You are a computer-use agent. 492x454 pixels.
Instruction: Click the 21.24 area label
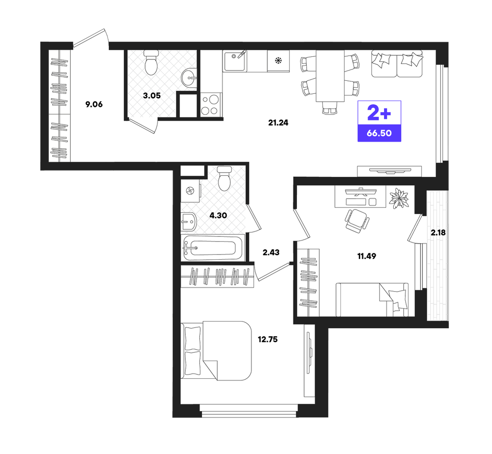pos(278,122)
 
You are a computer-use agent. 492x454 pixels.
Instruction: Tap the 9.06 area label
pos(94,104)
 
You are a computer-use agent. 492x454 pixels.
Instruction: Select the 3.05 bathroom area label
pos(152,96)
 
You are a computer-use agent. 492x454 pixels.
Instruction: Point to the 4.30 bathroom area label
pos(218,215)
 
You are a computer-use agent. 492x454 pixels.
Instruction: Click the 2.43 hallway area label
pos(271,252)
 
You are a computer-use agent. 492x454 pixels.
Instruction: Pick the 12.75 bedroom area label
pos(268,339)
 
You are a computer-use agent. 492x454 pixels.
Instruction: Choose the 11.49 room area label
pos(366,256)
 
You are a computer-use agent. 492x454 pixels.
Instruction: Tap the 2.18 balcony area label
pos(438,233)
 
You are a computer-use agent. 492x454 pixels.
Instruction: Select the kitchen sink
pos(235,61)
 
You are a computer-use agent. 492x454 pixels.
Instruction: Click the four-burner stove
pos(210,105)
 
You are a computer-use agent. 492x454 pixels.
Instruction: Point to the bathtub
pos(213,248)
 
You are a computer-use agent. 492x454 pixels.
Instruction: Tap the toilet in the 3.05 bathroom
pos(151,63)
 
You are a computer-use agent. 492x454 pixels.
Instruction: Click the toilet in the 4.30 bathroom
pos(224,178)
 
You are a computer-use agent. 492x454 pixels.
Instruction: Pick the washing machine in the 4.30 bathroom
pos(190,191)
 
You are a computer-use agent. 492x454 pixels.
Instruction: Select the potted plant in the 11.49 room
pos(399,198)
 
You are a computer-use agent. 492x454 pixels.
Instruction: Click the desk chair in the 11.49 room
pos(356,220)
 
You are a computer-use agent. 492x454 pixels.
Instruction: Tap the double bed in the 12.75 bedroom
pos(216,350)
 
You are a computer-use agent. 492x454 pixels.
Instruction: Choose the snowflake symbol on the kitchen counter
pos(278,60)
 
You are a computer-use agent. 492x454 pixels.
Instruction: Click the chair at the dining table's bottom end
pos(330,108)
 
